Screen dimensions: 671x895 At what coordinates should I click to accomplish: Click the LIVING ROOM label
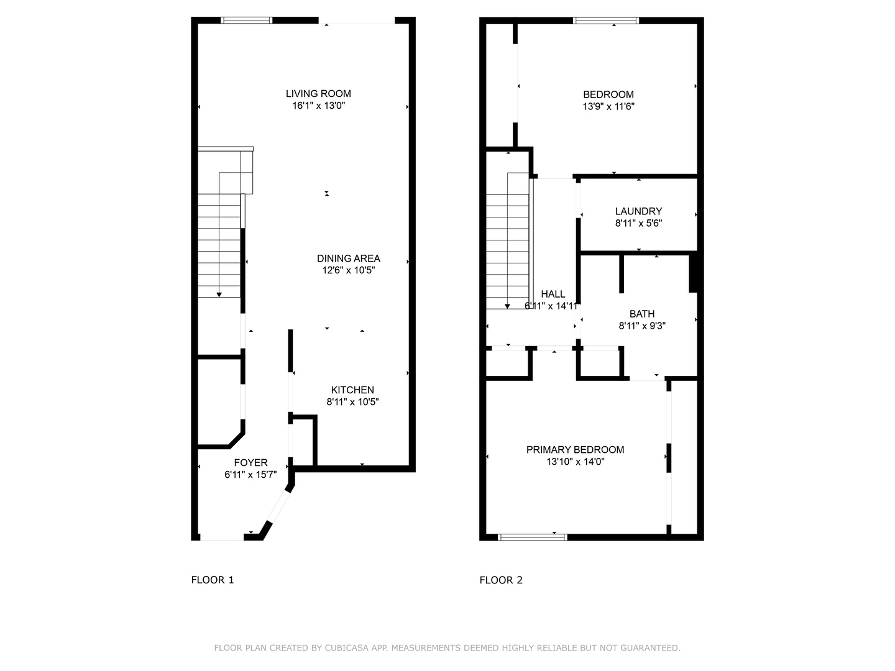(x=318, y=94)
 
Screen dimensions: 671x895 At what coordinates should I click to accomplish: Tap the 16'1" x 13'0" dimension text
(x=318, y=106)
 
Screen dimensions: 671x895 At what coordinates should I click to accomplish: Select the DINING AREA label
(x=348, y=258)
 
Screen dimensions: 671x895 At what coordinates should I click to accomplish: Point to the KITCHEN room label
(x=352, y=390)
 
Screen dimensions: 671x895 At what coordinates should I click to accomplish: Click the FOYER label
(x=250, y=463)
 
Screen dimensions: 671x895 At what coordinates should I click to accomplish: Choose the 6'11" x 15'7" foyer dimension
(x=250, y=475)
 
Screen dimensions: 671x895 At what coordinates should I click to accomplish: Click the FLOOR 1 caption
(x=212, y=580)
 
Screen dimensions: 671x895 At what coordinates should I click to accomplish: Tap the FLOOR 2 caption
(x=501, y=580)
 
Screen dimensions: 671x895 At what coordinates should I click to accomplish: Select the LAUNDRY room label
(x=638, y=211)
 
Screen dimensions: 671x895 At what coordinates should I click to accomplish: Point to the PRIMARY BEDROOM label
(x=575, y=450)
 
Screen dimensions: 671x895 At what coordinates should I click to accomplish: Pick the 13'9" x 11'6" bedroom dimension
(x=608, y=106)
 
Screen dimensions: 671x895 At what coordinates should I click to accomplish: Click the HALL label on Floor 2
(x=553, y=294)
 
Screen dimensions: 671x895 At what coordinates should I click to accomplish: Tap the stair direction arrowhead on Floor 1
(x=219, y=294)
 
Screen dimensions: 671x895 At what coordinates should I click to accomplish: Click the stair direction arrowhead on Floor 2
(x=508, y=306)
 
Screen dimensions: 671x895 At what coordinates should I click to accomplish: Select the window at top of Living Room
(x=247, y=21)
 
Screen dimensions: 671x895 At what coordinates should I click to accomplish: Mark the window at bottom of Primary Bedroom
(x=533, y=537)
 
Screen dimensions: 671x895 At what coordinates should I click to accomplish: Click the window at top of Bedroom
(x=606, y=21)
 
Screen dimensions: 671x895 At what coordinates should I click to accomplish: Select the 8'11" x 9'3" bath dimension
(x=641, y=326)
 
